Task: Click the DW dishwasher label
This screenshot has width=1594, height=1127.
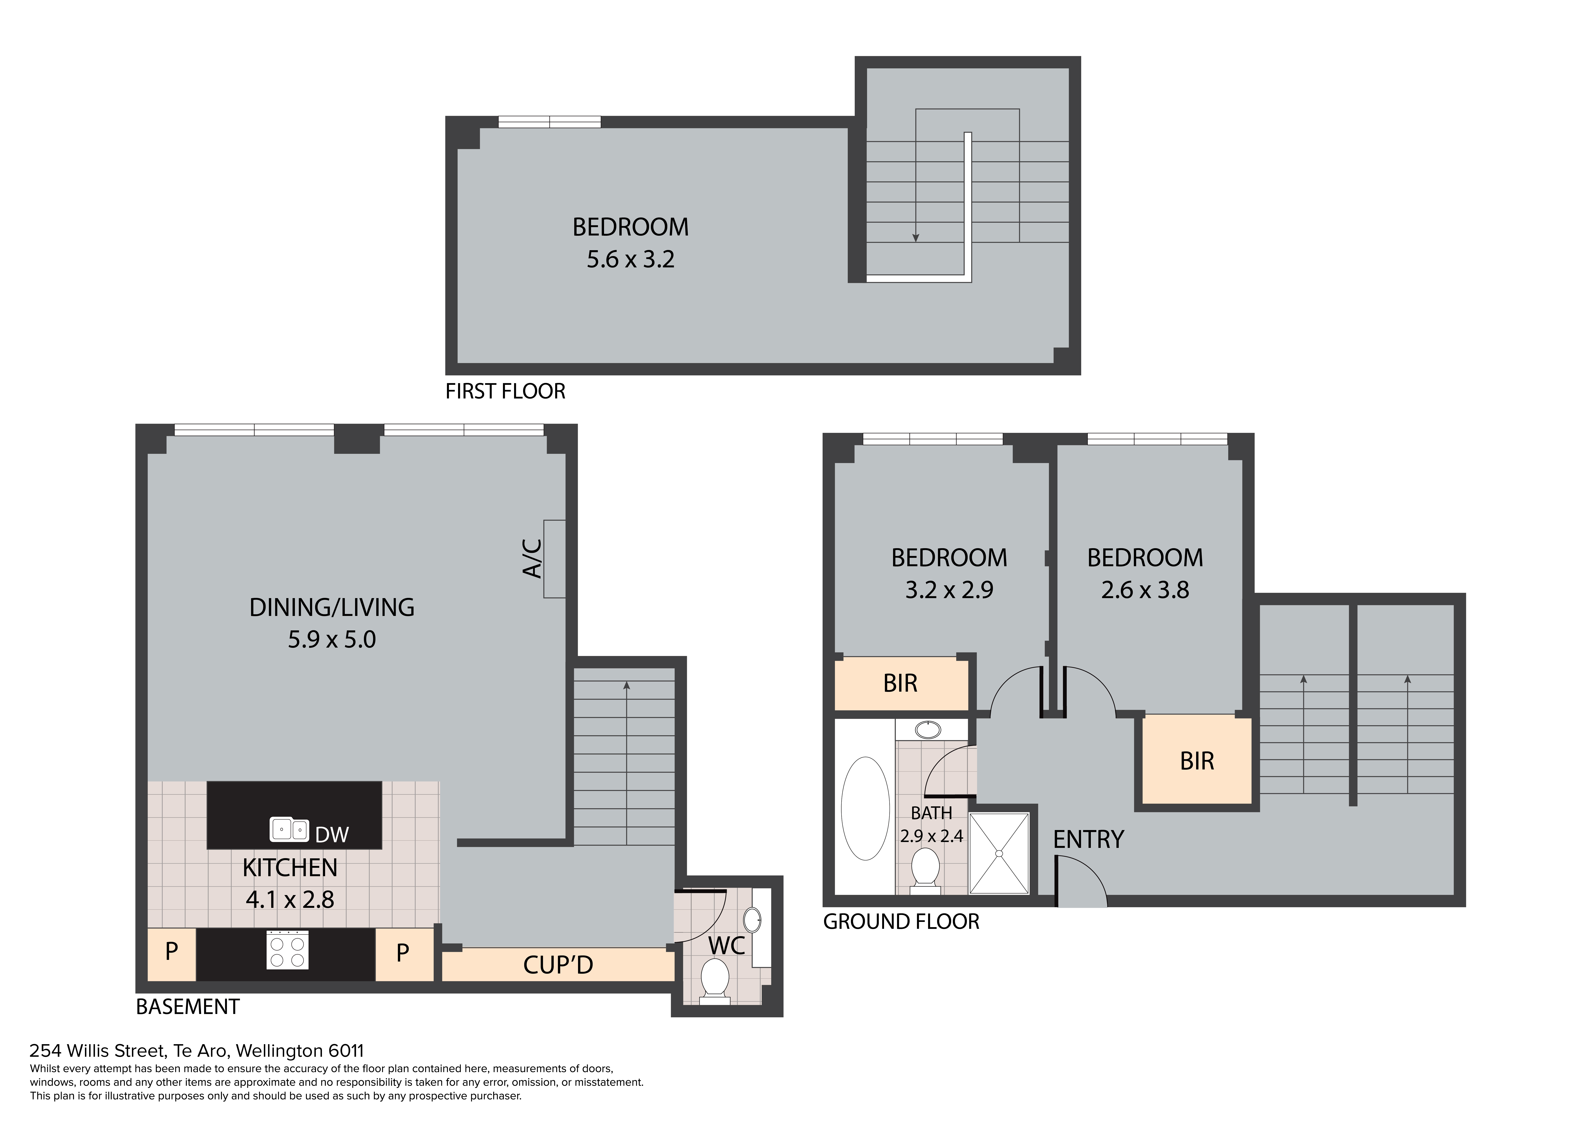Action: tap(332, 835)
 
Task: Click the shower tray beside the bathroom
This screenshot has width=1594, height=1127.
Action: tap(999, 853)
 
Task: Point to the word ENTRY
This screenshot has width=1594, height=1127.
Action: tap(1088, 840)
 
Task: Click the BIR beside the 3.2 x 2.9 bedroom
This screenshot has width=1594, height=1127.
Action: tap(900, 683)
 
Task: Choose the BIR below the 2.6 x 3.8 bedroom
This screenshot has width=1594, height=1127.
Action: tap(1197, 761)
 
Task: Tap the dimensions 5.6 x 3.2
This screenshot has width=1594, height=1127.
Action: tap(630, 260)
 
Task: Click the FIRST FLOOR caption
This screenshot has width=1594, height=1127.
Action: tap(505, 391)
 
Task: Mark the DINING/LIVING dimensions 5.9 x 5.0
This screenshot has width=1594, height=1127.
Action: tap(332, 639)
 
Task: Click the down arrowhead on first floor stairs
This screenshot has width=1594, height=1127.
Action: tap(916, 238)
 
